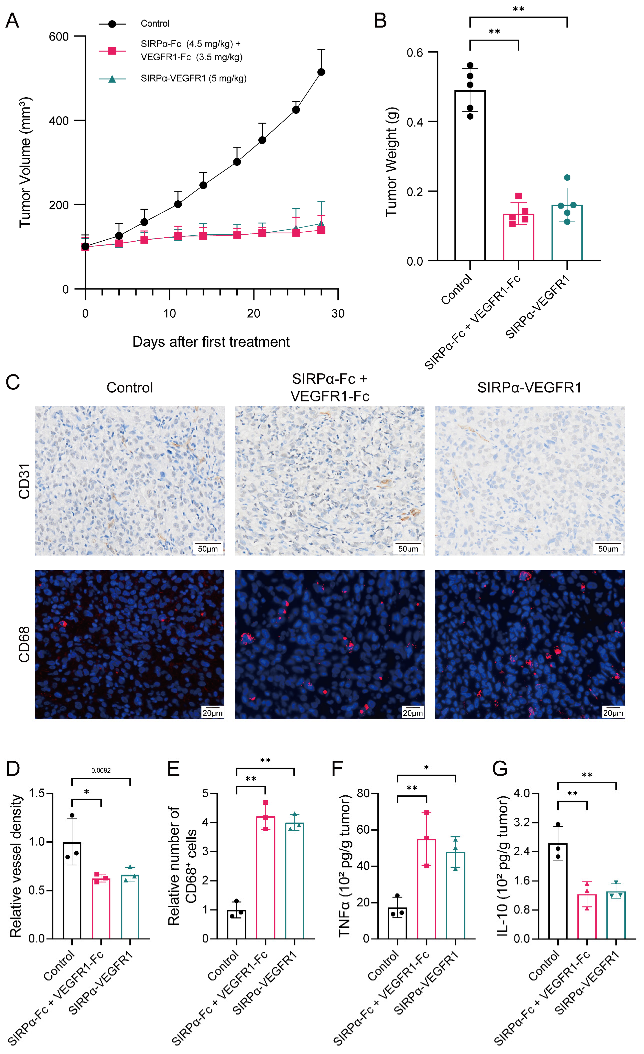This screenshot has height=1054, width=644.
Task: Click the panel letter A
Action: [12, 21]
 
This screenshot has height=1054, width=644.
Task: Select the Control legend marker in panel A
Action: [112, 24]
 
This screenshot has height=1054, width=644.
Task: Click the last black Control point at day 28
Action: [321, 72]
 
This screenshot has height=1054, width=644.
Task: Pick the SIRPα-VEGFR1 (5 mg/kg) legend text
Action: [193, 78]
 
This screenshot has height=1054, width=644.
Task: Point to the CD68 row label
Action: [24, 644]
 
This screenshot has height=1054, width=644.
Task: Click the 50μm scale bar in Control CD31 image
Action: [208, 548]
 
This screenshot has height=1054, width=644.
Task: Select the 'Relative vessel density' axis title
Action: [16, 866]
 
